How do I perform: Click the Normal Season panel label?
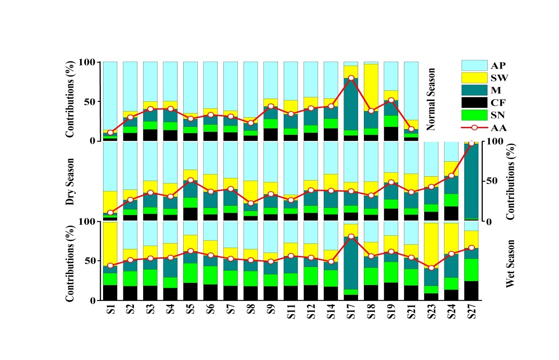[431, 99]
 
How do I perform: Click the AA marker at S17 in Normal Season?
[351, 78]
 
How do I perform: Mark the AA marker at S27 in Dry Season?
[472, 144]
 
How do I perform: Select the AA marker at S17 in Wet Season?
[351, 237]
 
